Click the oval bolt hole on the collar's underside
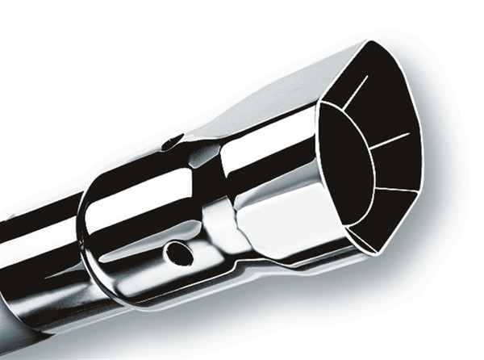tap(179, 253)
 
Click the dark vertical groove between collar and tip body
tap(211, 202)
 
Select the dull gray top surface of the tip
tap(266, 105)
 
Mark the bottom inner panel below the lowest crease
tap(379, 218)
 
